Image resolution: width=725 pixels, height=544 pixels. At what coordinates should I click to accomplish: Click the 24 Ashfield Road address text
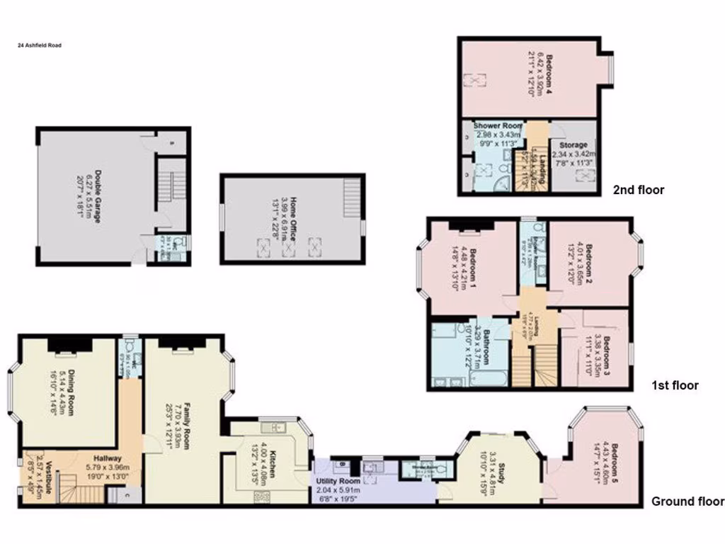pyautogui.click(x=40, y=45)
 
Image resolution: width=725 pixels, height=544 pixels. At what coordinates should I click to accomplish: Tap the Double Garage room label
pyautogui.click(x=99, y=196)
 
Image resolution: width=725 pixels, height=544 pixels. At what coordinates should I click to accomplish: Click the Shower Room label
pyautogui.click(x=498, y=126)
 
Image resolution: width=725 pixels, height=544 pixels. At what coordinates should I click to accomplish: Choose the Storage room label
pyautogui.click(x=573, y=145)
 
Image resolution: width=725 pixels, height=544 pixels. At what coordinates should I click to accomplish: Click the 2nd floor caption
pyautogui.click(x=639, y=190)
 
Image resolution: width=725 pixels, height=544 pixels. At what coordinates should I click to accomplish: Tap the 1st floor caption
pyautogui.click(x=675, y=386)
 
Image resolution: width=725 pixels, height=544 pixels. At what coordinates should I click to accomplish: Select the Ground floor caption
pyautogui.click(x=687, y=501)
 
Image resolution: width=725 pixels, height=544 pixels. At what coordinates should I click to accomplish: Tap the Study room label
pyautogui.click(x=501, y=472)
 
